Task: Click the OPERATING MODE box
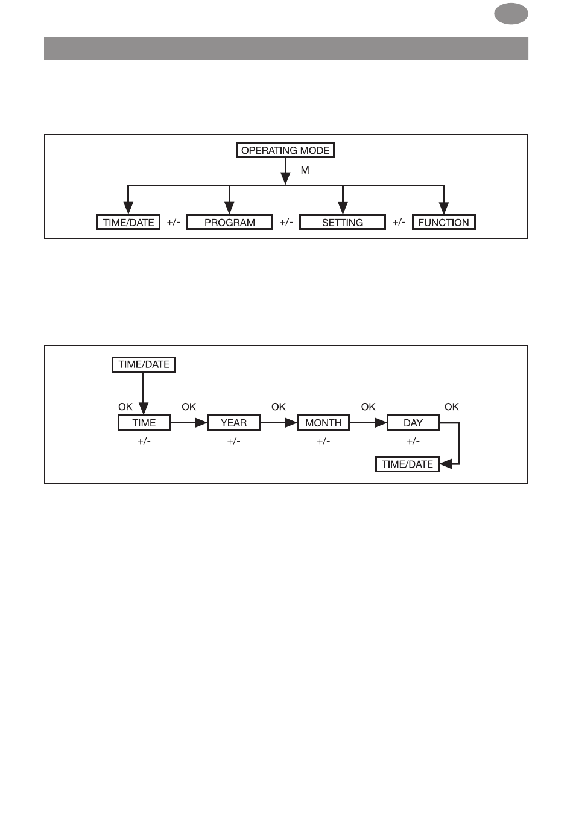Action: (285, 150)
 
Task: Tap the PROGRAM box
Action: (230, 222)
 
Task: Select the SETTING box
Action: (343, 222)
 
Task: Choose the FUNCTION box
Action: (444, 222)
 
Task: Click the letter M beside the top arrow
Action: (305, 171)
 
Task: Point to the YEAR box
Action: (234, 422)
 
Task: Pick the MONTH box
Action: (323, 422)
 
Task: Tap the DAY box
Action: (413, 422)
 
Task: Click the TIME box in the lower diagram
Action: (144, 422)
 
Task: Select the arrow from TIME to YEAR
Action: (189, 423)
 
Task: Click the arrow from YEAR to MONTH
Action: (279, 423)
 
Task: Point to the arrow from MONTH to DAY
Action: (368, 423)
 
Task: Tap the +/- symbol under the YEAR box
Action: (234, 441)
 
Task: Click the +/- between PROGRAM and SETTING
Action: (286, 222)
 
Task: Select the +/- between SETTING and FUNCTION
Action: (399, 222)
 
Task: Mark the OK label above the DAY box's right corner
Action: (451, 407)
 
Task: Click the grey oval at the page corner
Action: (511, 14)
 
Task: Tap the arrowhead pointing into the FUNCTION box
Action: (444, 208)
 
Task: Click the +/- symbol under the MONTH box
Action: (323, 441)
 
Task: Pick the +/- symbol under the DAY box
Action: (413, 441)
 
